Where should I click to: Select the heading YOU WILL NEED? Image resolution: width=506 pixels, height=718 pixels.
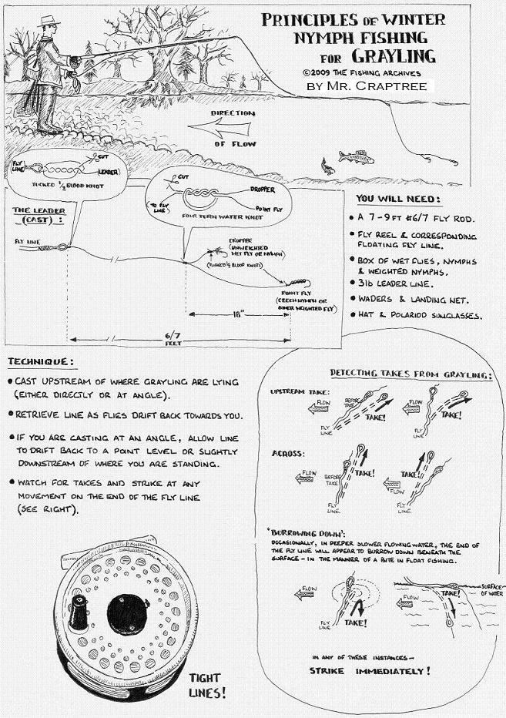click(398, 199)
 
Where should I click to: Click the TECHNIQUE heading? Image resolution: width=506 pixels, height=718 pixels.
click(42, 362)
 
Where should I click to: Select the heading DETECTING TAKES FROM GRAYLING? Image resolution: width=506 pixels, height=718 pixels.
click(411, 374)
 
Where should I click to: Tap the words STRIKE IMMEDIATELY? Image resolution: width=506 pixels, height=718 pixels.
click(370, 671)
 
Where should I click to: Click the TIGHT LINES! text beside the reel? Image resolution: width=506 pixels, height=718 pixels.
click(209, 685)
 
